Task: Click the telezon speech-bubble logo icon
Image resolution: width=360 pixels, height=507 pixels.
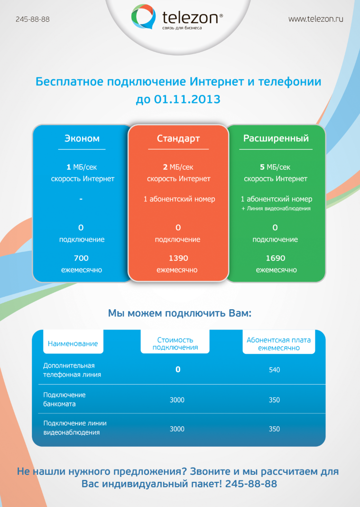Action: pos(143,16)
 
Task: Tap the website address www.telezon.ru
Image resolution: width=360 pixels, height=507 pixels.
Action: pos(316,19)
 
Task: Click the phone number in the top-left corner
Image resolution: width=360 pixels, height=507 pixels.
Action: pos(33,19)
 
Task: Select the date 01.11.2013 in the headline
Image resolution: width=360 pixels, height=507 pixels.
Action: pos(187,99)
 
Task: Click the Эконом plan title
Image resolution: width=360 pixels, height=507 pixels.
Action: pos(82,138)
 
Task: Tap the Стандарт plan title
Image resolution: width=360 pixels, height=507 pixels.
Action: pos(178,138)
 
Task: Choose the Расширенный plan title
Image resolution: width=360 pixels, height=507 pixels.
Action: pos(276,138)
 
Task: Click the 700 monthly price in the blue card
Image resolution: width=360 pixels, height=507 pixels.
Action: pos(81,258)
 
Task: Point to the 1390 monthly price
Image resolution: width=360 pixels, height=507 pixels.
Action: pos(178,258)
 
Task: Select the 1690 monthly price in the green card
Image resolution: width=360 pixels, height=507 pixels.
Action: pos(276,258)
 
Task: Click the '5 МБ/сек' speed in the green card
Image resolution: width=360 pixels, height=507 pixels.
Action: pos(275,167)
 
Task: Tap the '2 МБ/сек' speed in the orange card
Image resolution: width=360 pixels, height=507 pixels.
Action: pos(178,167)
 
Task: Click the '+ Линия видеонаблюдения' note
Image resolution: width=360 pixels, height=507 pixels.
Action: pos(276,209)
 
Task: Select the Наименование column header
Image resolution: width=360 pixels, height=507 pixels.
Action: pos(73,344)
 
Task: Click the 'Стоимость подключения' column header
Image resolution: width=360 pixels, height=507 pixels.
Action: pos(175,344)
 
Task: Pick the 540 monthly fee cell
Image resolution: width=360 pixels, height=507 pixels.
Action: pos(274,370)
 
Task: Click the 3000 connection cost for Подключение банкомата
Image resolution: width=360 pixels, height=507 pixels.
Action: pos(177,400)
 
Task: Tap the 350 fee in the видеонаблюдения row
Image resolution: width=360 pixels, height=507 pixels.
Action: pos(274,429)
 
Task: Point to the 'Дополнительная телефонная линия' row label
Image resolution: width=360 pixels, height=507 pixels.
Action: pos(72,370)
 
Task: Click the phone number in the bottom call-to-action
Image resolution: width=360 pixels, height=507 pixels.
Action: pos(251,484)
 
